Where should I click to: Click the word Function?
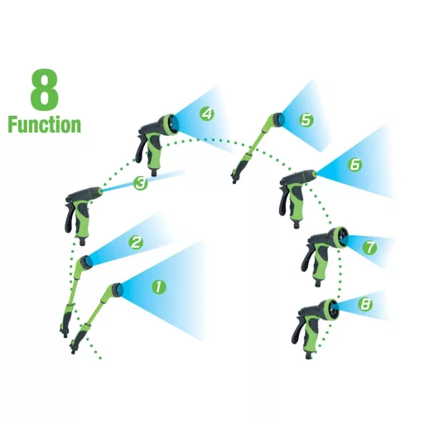[x=45, y=125]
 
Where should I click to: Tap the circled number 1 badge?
[x=159, y=287]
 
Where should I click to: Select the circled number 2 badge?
[x=136, y=243]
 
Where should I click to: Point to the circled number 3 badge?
[x=140, y=183]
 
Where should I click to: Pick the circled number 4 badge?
[x=207, y=113]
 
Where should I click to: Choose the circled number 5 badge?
[x=306, y=120]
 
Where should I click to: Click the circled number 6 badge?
[x=354, y=165]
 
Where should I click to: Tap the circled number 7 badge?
[x=370, y=248]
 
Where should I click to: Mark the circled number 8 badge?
[x=365, y=305]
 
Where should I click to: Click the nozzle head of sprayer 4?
[x=169, y=125]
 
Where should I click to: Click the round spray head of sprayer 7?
[x=339, y=238]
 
